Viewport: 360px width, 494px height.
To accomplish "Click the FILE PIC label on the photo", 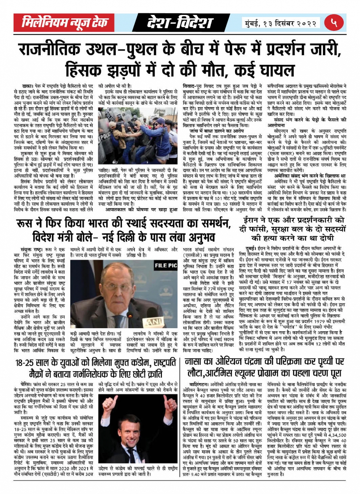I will (163, 264).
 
